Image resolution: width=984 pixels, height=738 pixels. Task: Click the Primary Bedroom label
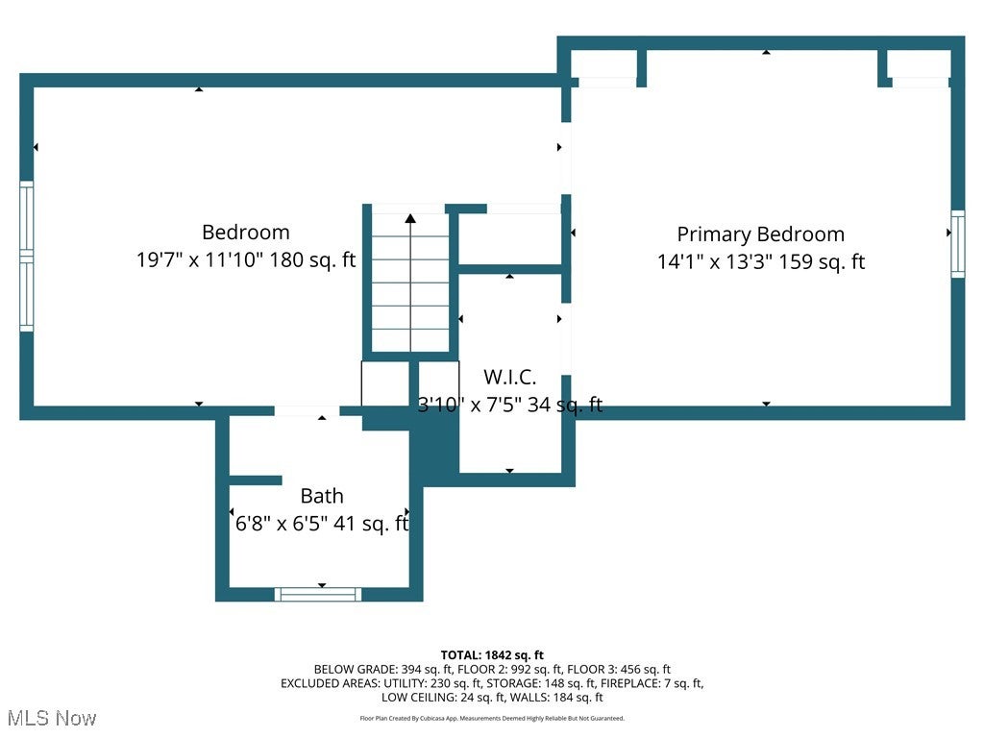click(x=761, y=234)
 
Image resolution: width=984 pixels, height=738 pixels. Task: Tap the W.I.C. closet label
click(x=509, y=377)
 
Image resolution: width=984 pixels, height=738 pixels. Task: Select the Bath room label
click(x=322, y=496)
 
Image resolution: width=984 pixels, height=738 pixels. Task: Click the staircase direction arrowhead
click(x=410, y=218)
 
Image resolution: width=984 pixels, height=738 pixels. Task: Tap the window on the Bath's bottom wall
click(x=318, y=594)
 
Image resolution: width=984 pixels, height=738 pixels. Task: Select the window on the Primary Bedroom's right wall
click(x=958, y=244)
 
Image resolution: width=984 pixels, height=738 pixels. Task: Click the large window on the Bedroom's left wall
click(x=26, y=256)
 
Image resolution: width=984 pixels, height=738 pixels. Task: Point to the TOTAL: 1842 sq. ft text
click(x=492, y=655)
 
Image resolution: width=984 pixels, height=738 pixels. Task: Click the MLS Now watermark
click(x=52, y=718)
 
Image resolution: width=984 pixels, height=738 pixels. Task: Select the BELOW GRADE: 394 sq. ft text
click(x=382, y=670)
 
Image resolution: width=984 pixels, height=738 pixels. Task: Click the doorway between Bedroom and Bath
click(x=307, y=411)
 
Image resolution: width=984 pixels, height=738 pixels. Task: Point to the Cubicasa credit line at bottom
click(x=492, y=719)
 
